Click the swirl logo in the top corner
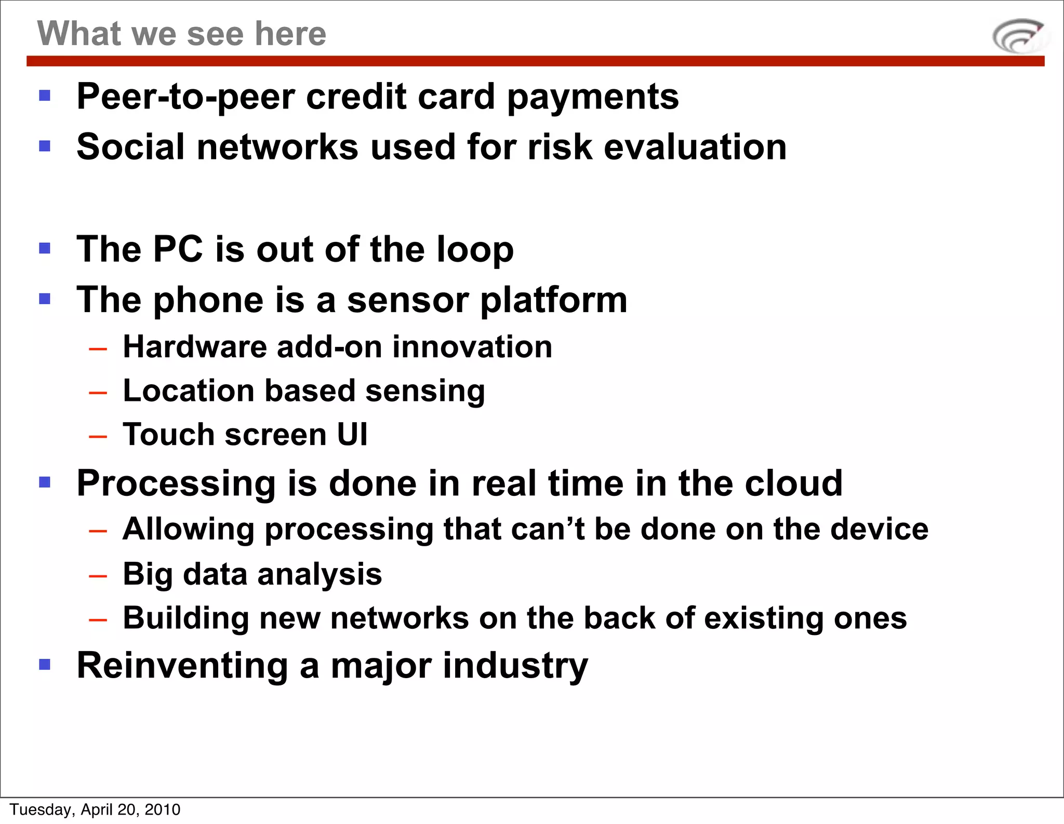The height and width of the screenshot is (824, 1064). (1019, 36)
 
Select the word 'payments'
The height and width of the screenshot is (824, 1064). (593, 97)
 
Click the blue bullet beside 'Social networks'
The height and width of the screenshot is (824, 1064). (45, 146)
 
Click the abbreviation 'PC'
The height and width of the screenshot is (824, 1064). (178, 249)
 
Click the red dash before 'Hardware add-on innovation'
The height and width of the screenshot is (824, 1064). (98, 349)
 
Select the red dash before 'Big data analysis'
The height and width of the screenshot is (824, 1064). (98, 576)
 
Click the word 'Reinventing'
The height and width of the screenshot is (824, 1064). (182, 666)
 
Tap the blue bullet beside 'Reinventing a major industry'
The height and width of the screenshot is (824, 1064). (45, 664)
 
